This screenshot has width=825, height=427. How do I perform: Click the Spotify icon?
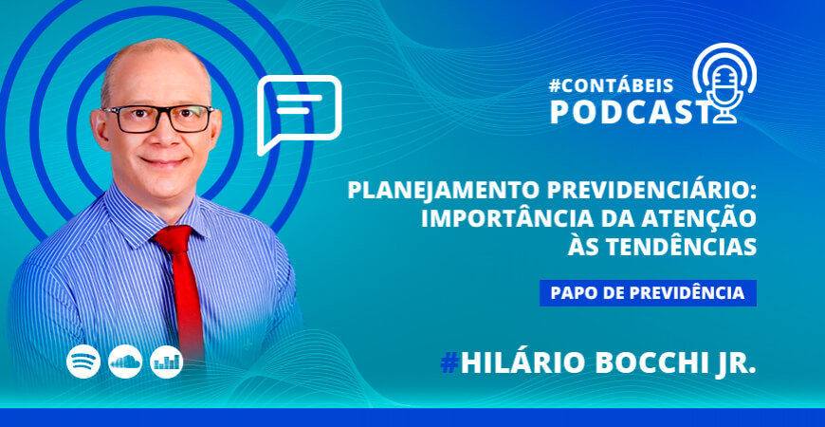83,361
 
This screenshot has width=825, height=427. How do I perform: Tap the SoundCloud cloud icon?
125,361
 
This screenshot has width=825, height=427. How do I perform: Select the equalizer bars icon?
167,361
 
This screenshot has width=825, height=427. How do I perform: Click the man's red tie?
186,294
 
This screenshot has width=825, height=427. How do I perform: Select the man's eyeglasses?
158,119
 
